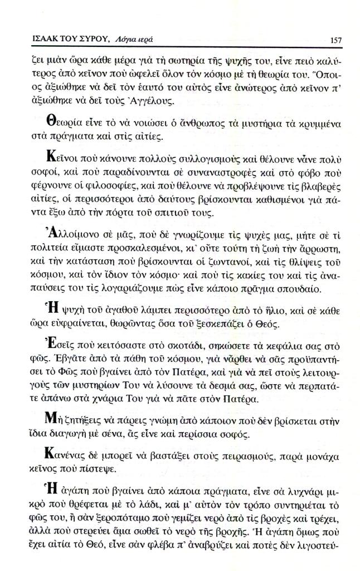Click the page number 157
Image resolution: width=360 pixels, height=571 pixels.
pos(335,40)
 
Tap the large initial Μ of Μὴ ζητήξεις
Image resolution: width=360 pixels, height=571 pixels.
pos(47,417)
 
